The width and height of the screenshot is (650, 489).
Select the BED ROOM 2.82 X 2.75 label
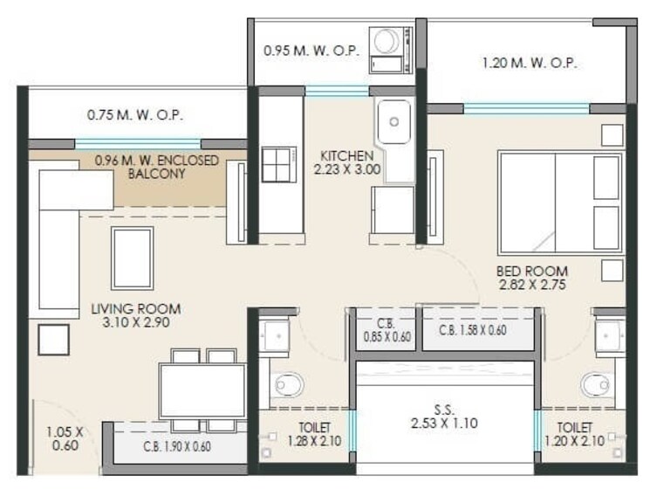click(x=531, y=279)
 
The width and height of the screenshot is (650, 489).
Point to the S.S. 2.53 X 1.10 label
click(x=442, y=416)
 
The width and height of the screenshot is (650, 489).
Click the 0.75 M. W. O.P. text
click(x=135, y=114)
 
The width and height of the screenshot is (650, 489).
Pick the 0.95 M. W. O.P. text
click(x=311, y=52)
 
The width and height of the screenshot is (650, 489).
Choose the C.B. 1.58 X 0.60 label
click(x=476, y=330)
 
